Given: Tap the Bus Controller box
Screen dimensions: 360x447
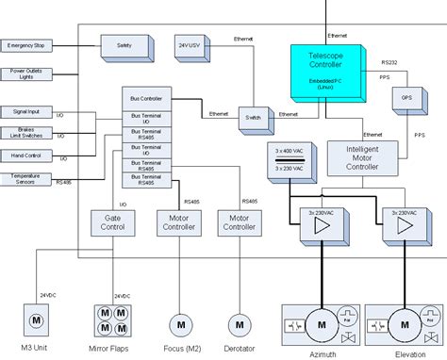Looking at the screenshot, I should point(146,99).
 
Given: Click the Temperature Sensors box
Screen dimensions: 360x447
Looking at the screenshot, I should point(28,178).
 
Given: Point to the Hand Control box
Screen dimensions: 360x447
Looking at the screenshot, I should point(30,155).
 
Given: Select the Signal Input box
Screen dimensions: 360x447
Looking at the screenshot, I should point(30,112).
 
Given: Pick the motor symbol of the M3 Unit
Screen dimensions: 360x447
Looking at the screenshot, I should point(37,322).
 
